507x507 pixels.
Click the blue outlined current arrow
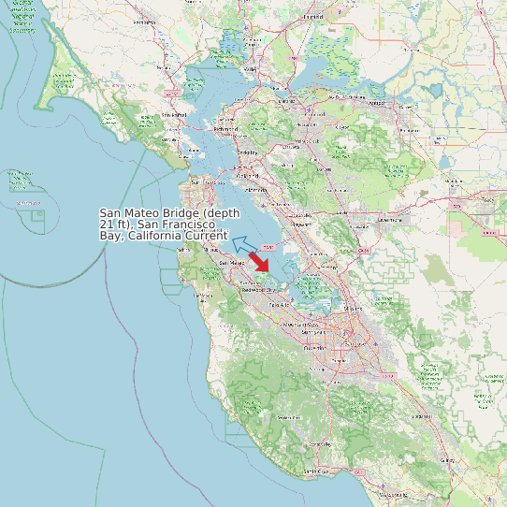[245, 245]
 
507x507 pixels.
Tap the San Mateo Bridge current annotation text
[169, 225]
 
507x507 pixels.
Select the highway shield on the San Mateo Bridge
[268, 247]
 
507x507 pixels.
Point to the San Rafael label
[175, 115]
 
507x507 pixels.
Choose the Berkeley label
[247, 152]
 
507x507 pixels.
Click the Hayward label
[301, 225]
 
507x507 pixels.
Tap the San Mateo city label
[231, 264]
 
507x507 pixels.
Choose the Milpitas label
[353, 307]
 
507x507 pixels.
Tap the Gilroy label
[447, 460]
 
